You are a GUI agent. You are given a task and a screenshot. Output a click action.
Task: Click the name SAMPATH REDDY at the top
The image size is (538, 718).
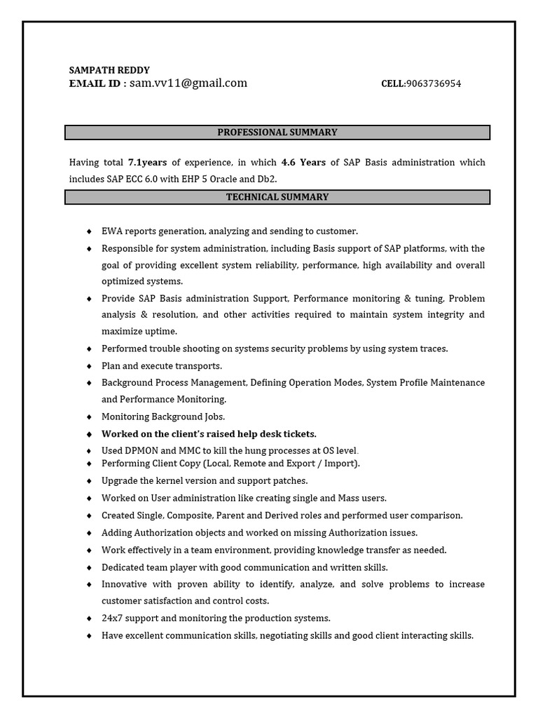tap(109, 70)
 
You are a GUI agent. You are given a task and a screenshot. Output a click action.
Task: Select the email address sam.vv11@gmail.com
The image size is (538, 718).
tap(188, 83)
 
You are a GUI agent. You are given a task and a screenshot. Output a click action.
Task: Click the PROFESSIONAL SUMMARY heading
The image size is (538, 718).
tap(277, 133)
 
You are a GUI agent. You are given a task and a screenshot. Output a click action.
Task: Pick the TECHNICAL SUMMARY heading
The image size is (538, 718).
tap(277, 198)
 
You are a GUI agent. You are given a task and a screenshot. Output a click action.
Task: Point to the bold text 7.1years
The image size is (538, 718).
tap(147, 163)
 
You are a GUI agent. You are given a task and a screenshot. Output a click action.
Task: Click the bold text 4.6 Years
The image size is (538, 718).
tap(303, 163)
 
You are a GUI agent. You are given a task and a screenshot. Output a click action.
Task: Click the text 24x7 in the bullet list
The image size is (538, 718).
tap(112, 618)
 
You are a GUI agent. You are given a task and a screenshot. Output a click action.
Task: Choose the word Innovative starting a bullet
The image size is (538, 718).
tap(125, 584)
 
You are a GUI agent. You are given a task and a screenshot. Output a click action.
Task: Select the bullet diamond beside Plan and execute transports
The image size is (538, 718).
tap(89, 366)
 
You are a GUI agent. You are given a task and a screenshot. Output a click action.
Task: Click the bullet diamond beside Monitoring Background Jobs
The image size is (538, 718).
tap(89, 416)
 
